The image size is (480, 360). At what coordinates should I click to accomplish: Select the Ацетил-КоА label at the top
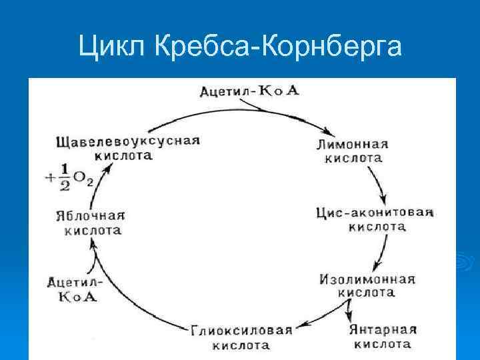pos(249,90)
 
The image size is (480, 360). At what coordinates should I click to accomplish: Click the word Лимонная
pos(353,144)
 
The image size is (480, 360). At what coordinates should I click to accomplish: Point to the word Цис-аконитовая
pos(375,213)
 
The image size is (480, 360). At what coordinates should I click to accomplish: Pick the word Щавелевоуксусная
pos(129,141)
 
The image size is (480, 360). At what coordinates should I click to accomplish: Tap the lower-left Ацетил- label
pos(73,282)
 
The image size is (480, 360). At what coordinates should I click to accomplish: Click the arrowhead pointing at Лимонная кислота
pos(327,131)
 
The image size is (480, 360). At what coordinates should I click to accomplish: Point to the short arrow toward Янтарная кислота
pos(348,308)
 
